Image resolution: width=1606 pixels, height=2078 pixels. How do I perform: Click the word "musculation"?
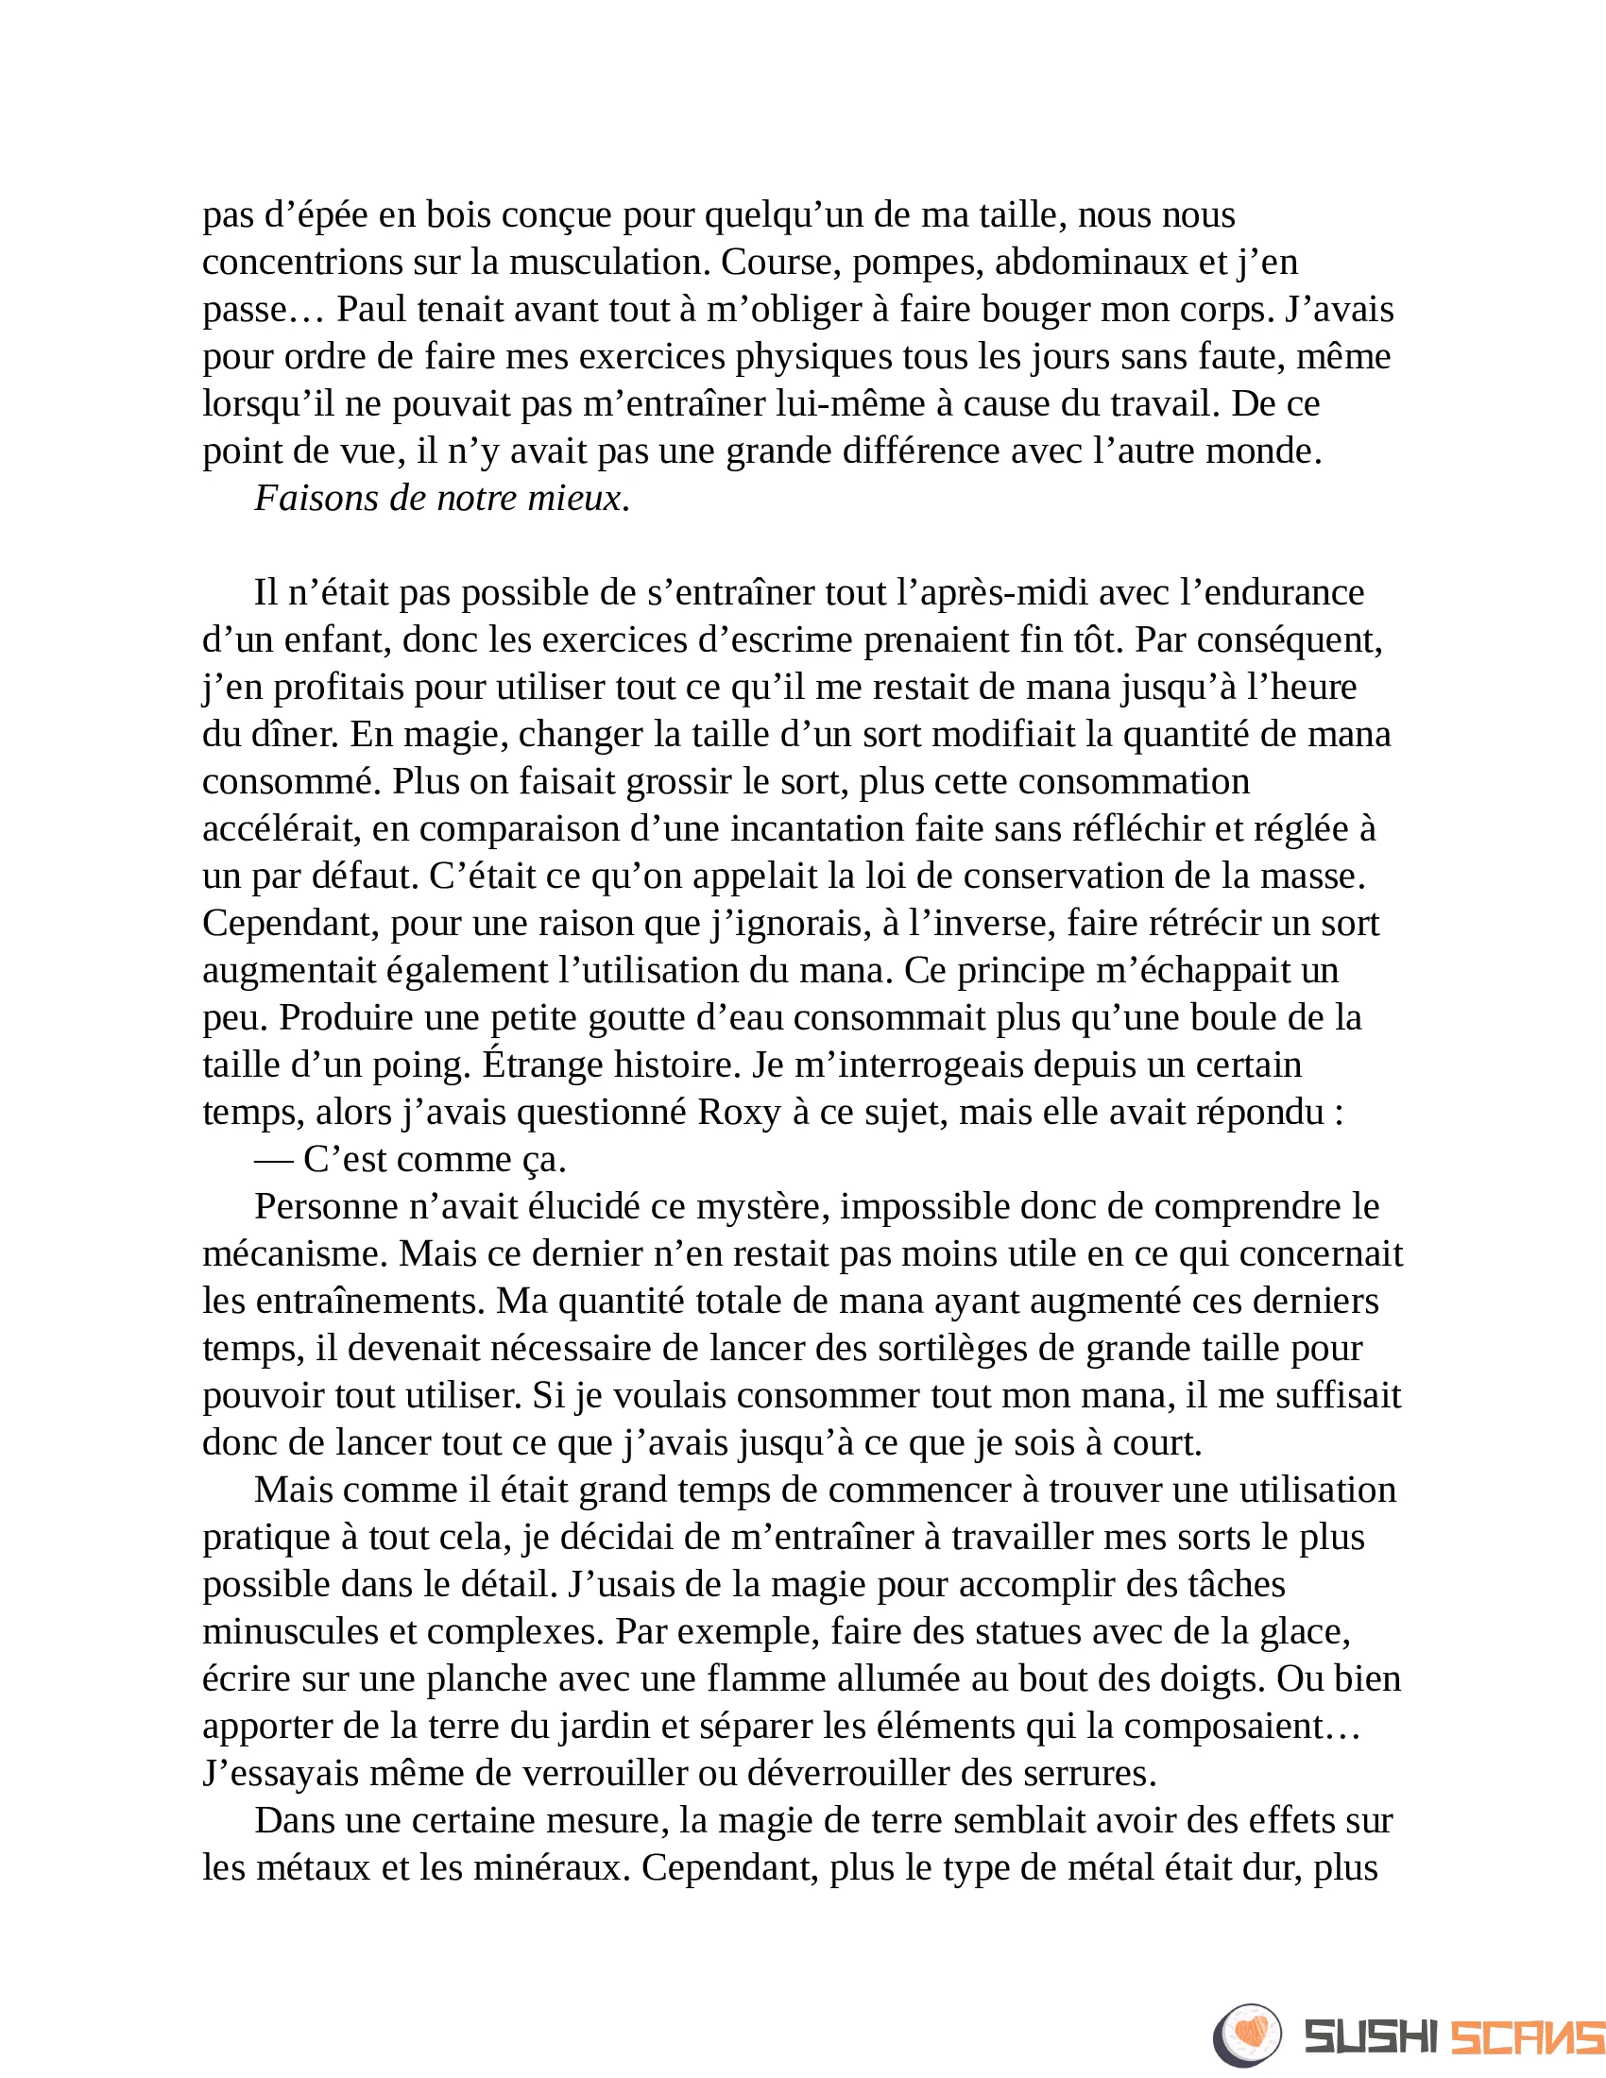[609, 262]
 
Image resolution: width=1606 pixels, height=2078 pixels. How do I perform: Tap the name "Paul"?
[372, 309]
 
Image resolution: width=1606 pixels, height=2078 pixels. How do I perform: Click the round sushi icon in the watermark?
[1247, 2035]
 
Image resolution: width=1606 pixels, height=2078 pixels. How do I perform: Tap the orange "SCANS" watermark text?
[1527, 2037]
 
